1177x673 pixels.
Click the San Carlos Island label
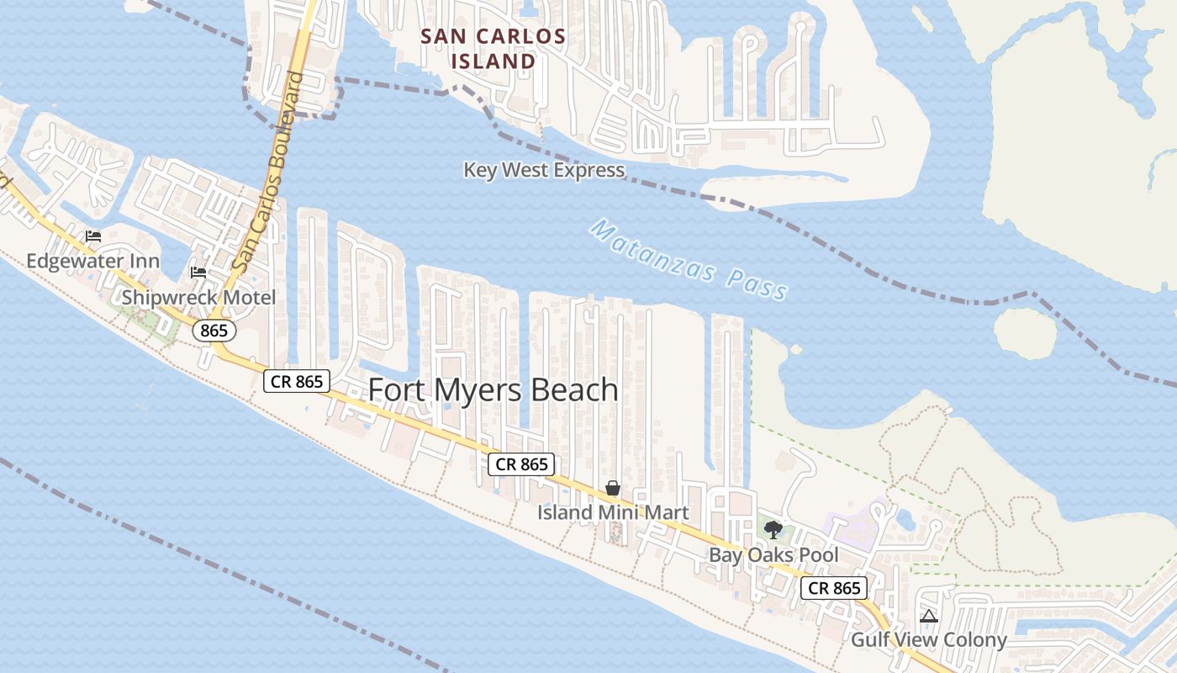493,49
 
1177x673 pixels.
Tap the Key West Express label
544,170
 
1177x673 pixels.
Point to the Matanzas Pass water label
689,260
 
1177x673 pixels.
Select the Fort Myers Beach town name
493,390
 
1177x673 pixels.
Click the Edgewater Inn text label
92,261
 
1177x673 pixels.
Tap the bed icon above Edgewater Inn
93,236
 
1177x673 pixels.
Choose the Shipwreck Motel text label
198,297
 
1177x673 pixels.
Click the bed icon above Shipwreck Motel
198,273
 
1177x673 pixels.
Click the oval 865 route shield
214,331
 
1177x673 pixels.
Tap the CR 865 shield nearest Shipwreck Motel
298,381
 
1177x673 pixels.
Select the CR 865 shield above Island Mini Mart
522,464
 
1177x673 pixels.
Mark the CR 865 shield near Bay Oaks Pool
835,588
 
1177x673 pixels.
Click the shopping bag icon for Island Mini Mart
613,489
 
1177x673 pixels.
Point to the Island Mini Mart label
613,512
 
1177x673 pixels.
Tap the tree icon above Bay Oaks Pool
773,530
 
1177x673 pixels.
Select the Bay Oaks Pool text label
773,555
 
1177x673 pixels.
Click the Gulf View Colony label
929,640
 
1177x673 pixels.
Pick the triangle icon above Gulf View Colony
928,617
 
